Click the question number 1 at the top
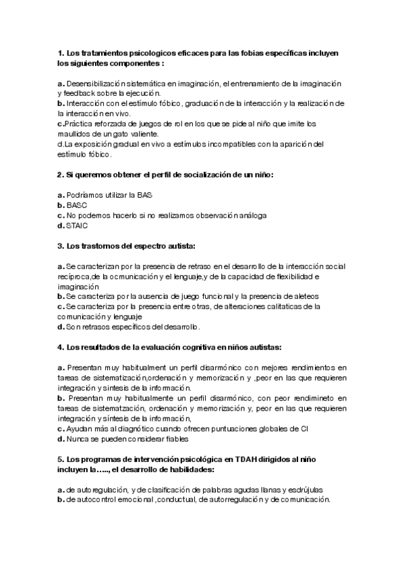(60, 53)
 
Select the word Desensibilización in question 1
(95, 83)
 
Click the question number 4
(60, 347)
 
